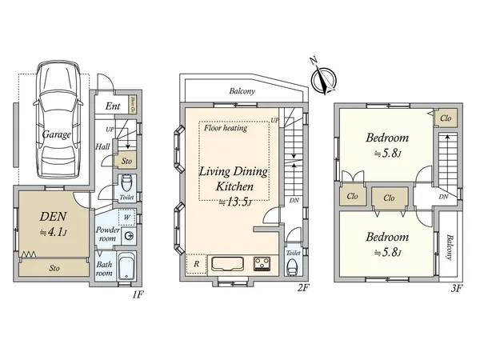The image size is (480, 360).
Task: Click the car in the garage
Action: coord(55,120)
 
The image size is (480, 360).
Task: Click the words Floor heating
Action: coord(225,128)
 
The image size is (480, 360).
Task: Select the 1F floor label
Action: coord(137,294)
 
